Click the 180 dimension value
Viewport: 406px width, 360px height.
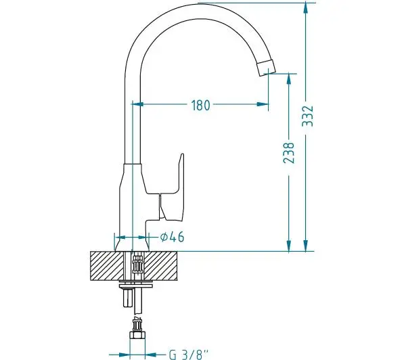[x=201, y=105]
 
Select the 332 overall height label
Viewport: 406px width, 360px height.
[x=308, y=116]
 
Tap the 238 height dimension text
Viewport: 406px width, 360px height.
[x=289, y=152]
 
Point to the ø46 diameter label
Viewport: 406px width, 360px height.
[x=172, y=237]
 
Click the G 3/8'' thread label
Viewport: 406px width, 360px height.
[x=189, y=355]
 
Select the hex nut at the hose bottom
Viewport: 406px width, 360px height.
[x=137, y=336]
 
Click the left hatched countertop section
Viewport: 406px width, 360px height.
[x=107, y=266]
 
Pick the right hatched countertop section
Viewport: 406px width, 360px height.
[x=161, y=266]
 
